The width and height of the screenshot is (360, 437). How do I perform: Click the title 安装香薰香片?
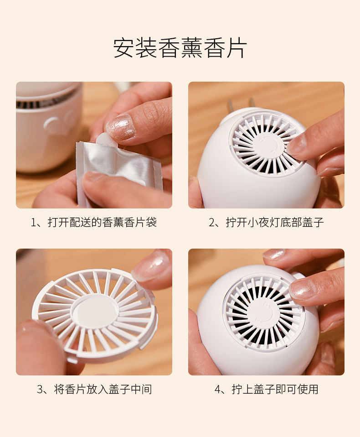pos(180,48)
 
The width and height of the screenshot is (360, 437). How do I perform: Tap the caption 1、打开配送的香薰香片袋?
pos(94,223)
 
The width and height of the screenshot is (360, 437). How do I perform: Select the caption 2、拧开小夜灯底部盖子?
pos(266,223)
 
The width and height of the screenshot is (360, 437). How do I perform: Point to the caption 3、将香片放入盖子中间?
pos(94,390)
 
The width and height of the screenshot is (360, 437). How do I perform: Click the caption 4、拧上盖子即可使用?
pos(266,390)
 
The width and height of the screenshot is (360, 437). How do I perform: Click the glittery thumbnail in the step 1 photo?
pos(120,127)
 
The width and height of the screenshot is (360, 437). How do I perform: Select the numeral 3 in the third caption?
pos(40,390)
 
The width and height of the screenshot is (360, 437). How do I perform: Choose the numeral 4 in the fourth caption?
pos(217,390)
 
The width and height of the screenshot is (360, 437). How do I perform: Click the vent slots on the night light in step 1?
pos(46,103)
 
